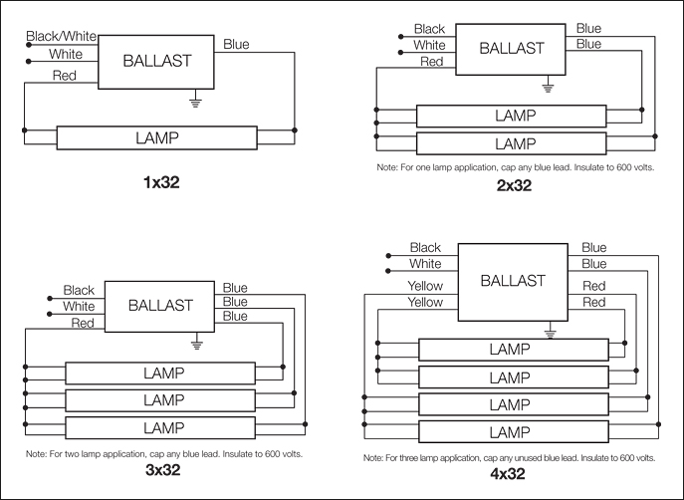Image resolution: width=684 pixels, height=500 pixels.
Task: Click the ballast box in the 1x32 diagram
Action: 156,61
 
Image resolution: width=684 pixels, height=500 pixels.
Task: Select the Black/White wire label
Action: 61,36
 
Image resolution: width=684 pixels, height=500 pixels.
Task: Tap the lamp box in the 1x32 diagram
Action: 157,137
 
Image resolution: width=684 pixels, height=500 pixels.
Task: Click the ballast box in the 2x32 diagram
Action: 512,48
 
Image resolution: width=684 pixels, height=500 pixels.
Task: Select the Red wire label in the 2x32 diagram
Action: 431,62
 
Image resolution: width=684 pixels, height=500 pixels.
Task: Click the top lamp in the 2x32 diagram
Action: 515,116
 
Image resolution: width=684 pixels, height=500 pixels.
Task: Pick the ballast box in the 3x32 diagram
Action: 160,305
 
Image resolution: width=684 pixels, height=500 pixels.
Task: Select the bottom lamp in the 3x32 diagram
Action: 163,427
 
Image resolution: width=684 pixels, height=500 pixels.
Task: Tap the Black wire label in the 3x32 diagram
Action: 79,290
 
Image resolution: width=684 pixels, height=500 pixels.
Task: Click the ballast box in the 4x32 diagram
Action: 513,281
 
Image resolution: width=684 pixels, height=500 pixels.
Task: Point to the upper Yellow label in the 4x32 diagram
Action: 425,286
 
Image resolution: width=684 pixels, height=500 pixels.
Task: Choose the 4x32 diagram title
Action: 509,474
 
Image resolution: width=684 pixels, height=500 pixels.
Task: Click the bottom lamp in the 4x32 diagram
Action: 509,434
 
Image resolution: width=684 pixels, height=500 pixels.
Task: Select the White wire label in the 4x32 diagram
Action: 425,264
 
